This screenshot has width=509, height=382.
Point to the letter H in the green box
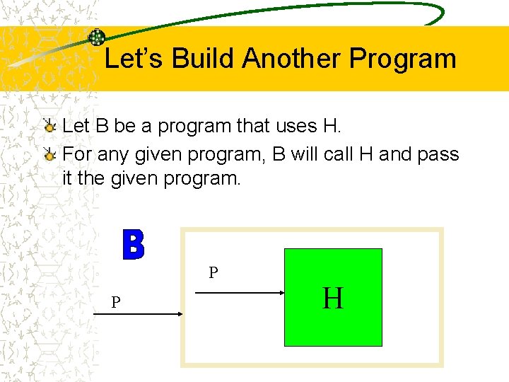[x=333, y=299]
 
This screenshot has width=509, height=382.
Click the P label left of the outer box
[x=115, y=303]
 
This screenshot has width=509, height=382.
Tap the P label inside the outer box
[x=213, y=272]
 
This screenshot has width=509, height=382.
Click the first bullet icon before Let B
[x=49, y=127]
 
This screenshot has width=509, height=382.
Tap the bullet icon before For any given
[x=49, y=154]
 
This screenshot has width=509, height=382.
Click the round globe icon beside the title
[x=96, y=37]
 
